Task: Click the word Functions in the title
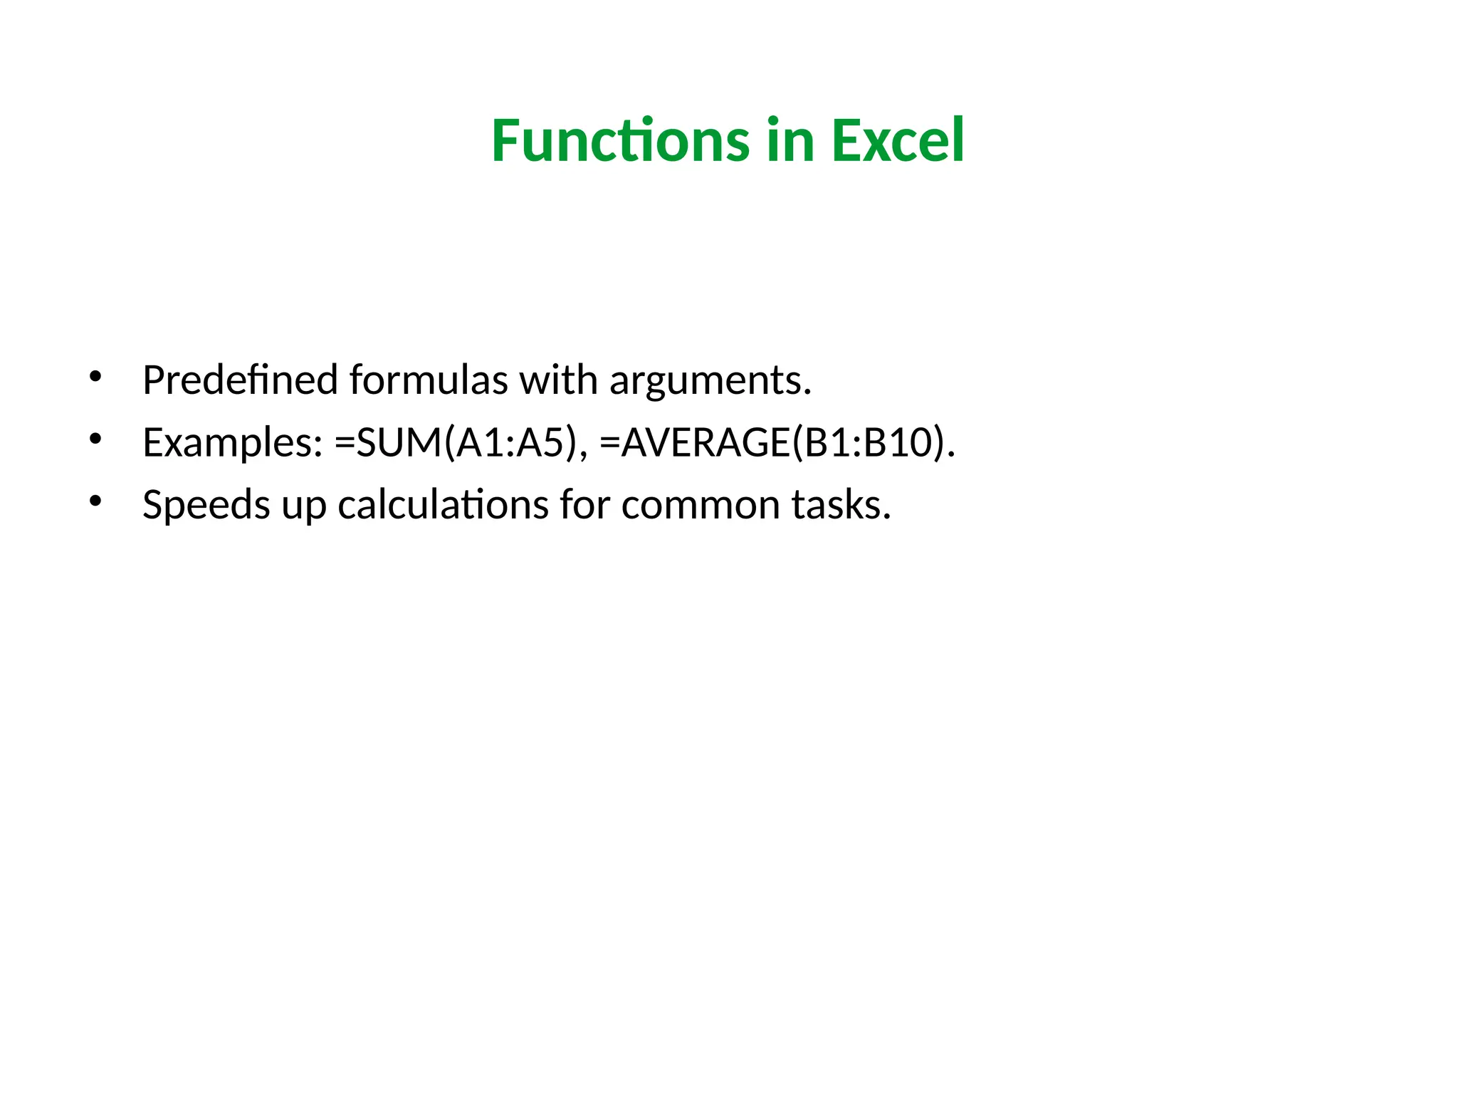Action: click(620, 140)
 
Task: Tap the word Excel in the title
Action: click(898, 140)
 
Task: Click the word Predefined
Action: click(240, 380)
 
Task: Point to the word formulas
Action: click(429, 380)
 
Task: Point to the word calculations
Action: click(443, 505)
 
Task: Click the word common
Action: click(701, 505)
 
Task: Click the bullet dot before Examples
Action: click(95, 438)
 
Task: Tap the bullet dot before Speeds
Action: click(95, 500)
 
